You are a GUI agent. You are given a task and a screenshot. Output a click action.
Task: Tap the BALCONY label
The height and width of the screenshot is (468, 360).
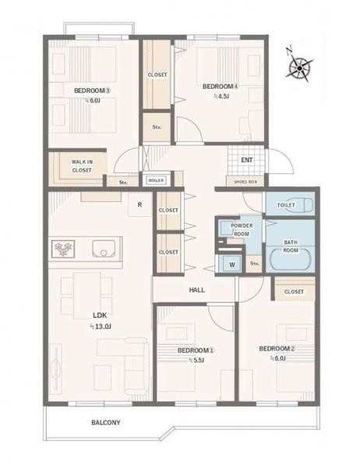(106, 423)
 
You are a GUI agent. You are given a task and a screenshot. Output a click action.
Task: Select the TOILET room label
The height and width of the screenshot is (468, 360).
(286, 205)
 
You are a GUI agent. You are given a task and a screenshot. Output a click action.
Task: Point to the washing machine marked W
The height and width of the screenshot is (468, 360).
(231, 264)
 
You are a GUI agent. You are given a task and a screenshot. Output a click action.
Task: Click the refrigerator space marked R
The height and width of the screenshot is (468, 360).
(139, 204)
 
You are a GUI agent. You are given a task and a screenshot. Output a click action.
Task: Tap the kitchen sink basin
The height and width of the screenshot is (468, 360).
(104, 249)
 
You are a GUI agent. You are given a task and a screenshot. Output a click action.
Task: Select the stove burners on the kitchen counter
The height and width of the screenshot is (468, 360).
(63, 249)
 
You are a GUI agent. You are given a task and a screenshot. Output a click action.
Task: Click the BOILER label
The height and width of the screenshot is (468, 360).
(156, 180)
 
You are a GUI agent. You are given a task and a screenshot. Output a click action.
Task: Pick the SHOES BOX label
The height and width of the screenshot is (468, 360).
(245, 182)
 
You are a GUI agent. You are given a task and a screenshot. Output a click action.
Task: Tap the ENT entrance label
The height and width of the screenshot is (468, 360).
(247, 160)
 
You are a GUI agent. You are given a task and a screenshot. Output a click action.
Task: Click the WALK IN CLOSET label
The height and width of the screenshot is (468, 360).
(82, 166)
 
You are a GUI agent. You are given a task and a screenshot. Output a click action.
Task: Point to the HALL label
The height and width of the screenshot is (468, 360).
(197, 290)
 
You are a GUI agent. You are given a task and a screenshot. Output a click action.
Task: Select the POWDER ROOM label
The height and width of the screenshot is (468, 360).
(242, 229)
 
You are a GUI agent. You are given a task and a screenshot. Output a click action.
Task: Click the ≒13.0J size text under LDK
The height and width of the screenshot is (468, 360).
(101, 327)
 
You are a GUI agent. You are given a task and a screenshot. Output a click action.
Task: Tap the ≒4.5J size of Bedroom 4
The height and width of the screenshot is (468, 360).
(221, 96)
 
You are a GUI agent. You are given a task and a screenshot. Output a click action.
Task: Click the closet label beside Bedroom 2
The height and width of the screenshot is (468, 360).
(294, 292)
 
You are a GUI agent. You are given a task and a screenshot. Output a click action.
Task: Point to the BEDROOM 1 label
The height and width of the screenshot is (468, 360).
(196, 350)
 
